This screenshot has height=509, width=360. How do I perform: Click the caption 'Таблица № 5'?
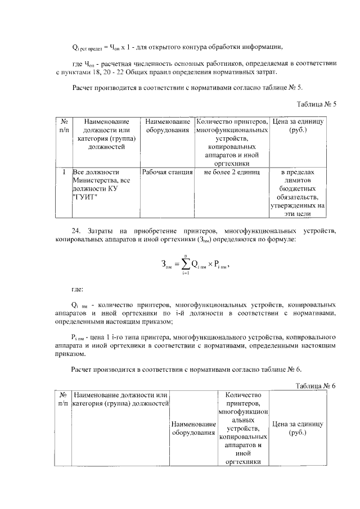tap(316, 104)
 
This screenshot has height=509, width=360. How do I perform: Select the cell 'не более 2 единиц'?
tap(231, 172)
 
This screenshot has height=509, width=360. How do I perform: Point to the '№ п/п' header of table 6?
tap(64, 399)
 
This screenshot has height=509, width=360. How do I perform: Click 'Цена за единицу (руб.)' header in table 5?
tap(298, 125)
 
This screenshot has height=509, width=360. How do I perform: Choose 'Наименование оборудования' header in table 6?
tap(193, 429)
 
